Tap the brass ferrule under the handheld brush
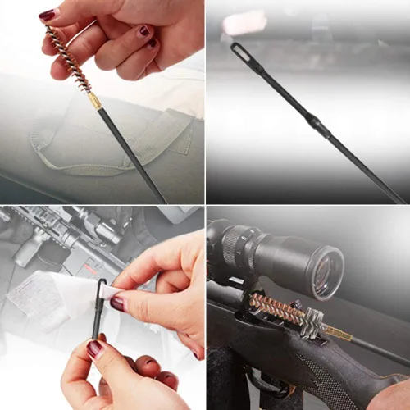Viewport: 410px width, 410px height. point(95,101)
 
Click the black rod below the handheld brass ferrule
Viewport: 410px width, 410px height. point(131,152)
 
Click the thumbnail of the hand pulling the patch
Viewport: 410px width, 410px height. point(118,303)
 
